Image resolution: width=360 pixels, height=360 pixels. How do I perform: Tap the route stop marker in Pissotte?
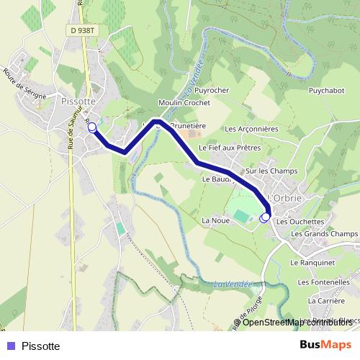91,127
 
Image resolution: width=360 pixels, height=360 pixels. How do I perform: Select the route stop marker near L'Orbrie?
265,216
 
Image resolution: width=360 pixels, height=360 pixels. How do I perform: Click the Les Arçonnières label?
251,130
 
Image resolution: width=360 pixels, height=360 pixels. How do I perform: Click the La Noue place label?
215,220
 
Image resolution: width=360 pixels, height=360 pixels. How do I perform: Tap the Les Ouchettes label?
300,222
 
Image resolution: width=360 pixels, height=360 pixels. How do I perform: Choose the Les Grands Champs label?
325,234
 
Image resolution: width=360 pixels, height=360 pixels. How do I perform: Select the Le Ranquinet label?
309,264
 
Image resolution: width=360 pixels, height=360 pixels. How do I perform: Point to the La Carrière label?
322,300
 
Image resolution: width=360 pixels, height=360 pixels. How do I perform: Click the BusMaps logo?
325,345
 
